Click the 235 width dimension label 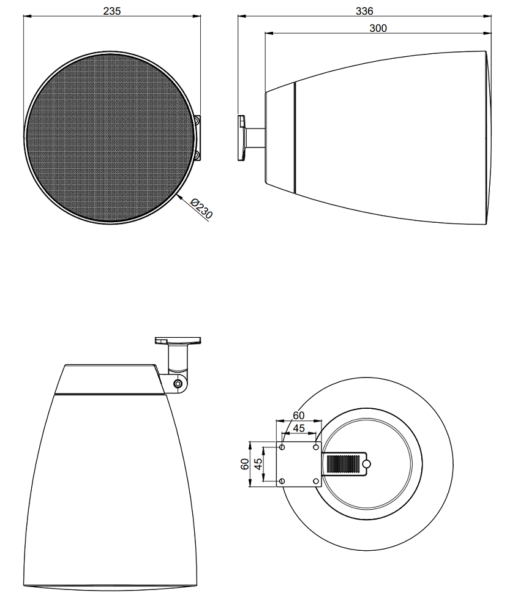pyautogui.click(x=112, y=10)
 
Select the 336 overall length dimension pyautogui.click(x=364, y=11)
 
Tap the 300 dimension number pyautogui.click(x=378, y=28)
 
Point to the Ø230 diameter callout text pyautogui.click(x=202, y=209)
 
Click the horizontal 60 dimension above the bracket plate pyautogui.click(x=298, y=416)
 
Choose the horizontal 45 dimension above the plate pyautogui.click(x=299, y=428)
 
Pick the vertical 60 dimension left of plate pyautogui.click(x=245, y=464)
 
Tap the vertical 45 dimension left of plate pyautogui.click(x=258, y=464)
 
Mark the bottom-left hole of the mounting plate pyautogui.click(x=282, y=481)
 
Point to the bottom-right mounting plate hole pyautogui.click(x=316, y=481)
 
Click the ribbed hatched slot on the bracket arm pyautogui.click(x=342, y=464)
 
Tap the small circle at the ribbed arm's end pyautogui.click(x=366, y=464)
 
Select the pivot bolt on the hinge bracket pyautogui.click(x=178, y=384)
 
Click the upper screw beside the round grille pyautogui.click(x=197, y=121)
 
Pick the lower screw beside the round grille pyautogui.click(x=197, y=155)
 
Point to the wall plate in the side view pyautogui.click(x=242, y=138)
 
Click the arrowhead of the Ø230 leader pyautogui.click(x=179, y=198)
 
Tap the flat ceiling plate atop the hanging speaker pyautogui.click(x=178, y=340)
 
